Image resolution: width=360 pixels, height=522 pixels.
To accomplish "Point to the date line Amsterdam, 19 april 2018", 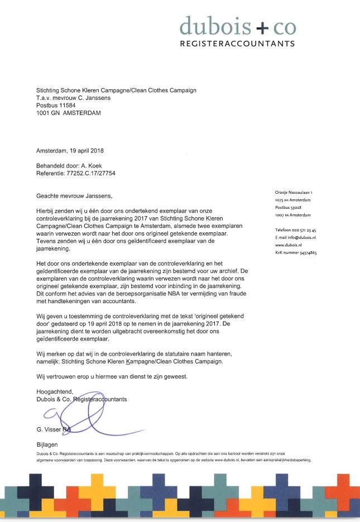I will pos(70,151).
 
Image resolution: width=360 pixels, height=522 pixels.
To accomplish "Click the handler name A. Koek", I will pos(92,166).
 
